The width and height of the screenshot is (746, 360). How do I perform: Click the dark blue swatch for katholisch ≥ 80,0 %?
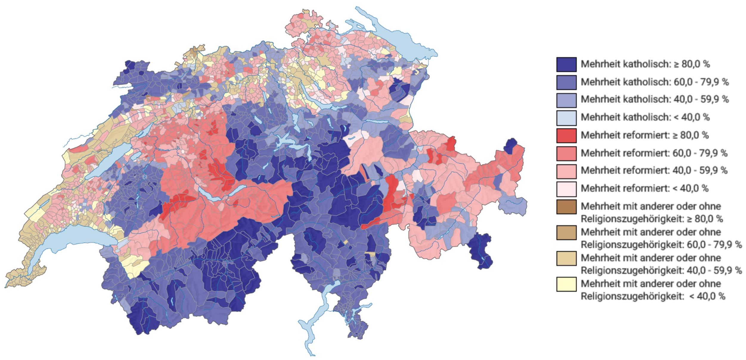[566, 64]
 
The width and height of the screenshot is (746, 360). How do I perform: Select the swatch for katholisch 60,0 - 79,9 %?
[566, 82]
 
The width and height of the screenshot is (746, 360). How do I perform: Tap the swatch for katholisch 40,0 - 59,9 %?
[566, 100]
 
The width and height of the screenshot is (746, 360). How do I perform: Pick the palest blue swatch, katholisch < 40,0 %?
[566, 117]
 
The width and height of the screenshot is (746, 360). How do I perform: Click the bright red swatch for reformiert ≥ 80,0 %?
[566, 135]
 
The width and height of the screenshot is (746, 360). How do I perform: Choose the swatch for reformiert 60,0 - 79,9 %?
[566, 153]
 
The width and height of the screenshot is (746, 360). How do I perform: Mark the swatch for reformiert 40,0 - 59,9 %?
[566, 171]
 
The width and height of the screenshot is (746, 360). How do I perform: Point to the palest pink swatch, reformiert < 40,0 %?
[566, 189]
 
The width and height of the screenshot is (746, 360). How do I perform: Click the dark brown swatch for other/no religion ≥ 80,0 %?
[566, 207]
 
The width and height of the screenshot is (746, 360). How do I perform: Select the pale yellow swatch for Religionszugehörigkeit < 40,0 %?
[566, 284]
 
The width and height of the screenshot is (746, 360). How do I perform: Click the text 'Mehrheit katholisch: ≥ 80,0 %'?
[645, 64]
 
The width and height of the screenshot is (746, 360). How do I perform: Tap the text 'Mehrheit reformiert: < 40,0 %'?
[644, 188]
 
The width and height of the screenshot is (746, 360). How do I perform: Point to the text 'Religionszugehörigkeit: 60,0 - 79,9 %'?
[661, 245]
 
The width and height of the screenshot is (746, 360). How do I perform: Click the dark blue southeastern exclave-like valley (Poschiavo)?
[480, 250]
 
